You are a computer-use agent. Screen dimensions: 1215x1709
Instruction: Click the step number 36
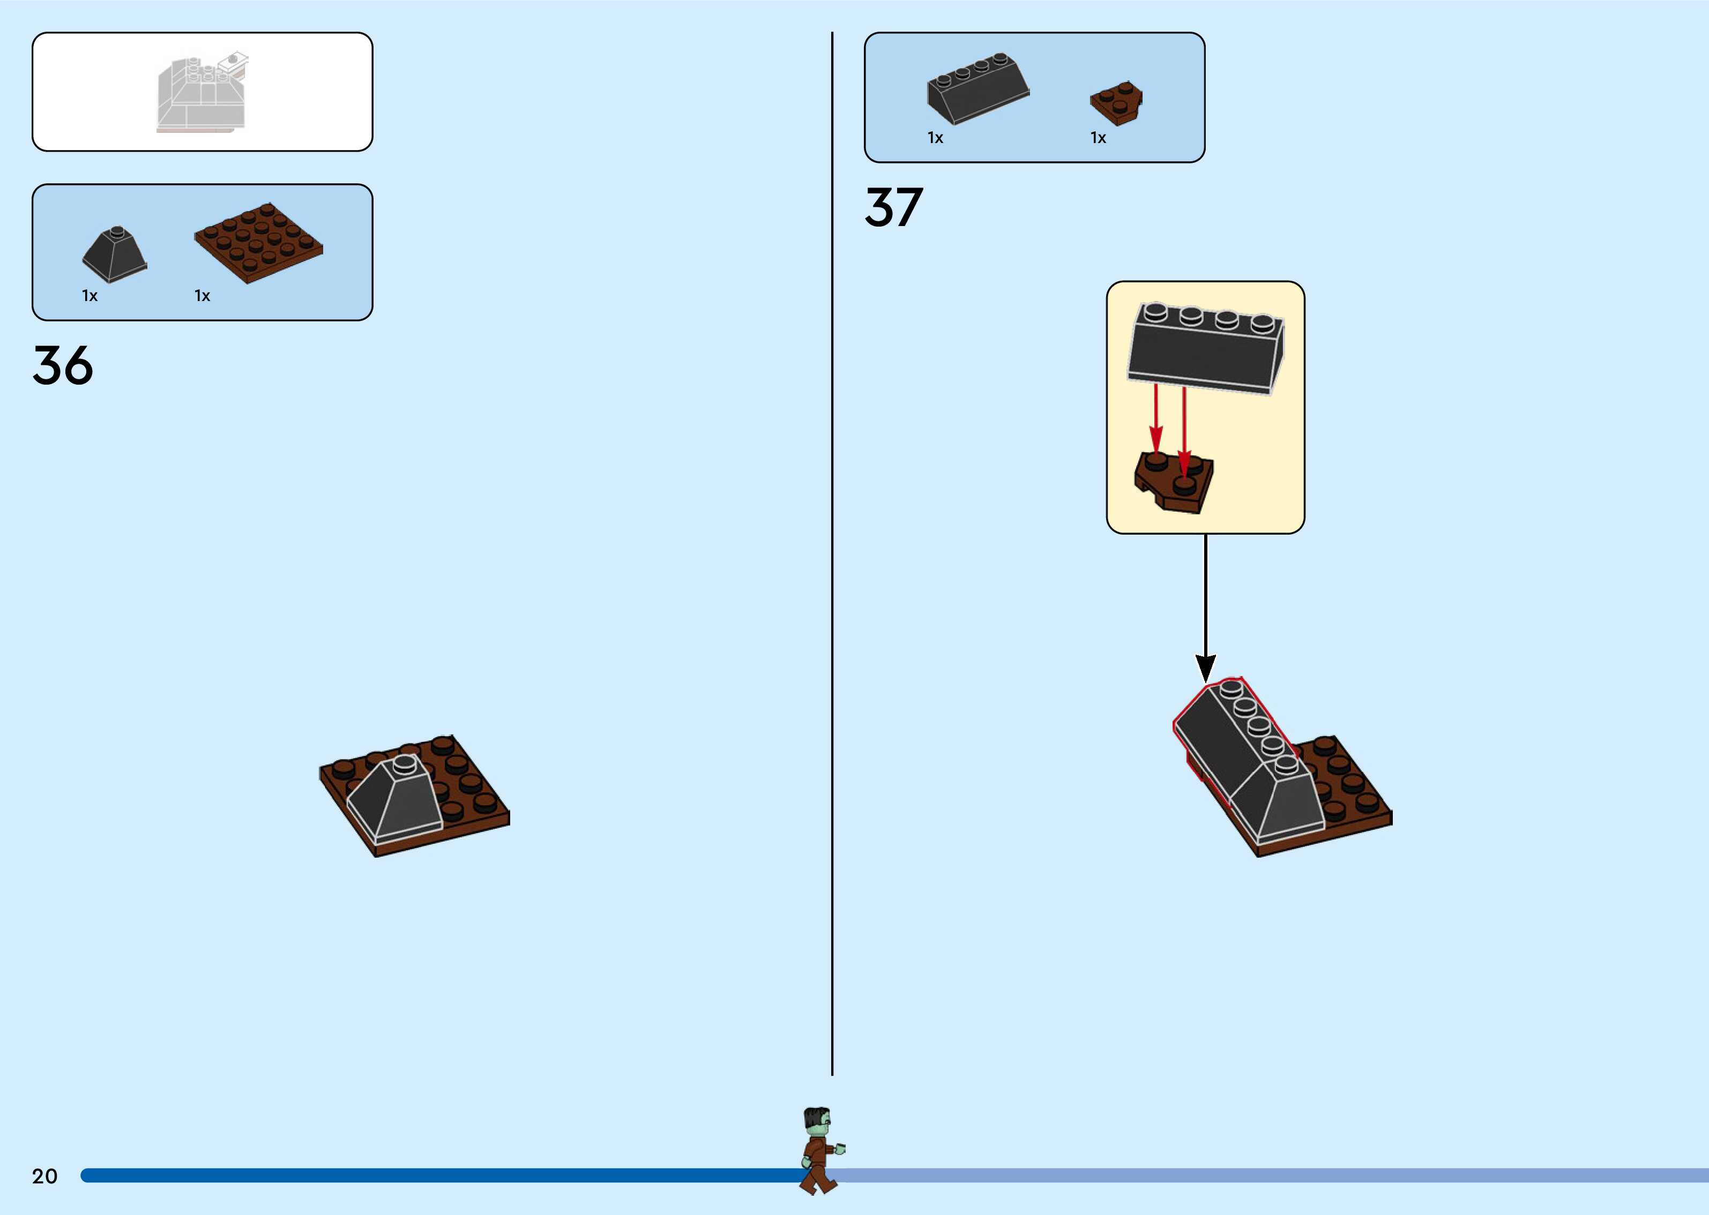click(x=63, y=366)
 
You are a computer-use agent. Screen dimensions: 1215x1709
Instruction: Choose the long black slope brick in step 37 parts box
click(x=977, y=88)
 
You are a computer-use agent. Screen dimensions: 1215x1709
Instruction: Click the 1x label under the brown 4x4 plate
click(x=202, y=296)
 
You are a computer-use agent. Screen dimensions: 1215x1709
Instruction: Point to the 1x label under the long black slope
click(x=935, y=138)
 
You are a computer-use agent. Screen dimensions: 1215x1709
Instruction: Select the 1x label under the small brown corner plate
click(x=1098, y=138)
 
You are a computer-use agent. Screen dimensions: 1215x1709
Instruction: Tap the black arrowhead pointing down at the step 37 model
click(x=1205, y=666)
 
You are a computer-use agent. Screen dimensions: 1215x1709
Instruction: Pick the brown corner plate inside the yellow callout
click(x=1173, y=483)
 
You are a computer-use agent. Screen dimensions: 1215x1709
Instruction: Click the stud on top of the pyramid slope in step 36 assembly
click(x=404, y=762)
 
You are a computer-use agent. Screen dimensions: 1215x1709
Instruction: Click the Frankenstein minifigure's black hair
click(x=816, y=1116)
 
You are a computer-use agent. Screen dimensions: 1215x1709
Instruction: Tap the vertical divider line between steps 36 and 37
click(x=832, y=553)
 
